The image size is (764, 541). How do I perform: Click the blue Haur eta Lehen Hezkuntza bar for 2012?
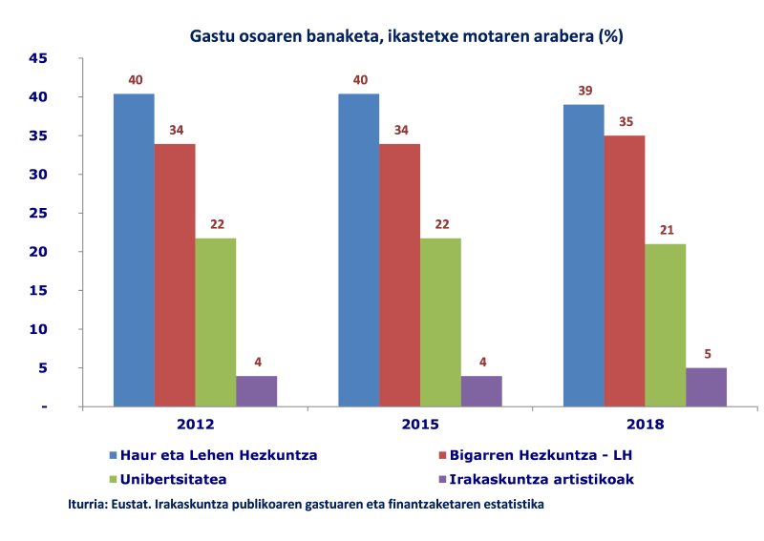(134, 250)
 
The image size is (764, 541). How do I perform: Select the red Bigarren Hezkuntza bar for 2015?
(399, 275)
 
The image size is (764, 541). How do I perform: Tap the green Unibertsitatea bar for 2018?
(665, 324)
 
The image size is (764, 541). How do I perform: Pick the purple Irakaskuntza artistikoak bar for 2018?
(706, 386)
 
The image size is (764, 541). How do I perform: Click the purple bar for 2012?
(257, 391)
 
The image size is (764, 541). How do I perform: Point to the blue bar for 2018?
(584, 255)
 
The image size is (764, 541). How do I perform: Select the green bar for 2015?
(440, 322)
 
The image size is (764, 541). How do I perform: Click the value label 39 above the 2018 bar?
(584, 92)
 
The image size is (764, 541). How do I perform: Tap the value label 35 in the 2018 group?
(626, 122)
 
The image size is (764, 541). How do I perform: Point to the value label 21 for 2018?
(666, 230)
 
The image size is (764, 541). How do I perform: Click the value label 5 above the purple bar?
(706, 354)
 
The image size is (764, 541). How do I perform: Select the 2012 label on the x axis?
(195, 425)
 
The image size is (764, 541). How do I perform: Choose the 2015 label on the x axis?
(419, 425)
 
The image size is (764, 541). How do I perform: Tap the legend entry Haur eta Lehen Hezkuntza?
(214, 455)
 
